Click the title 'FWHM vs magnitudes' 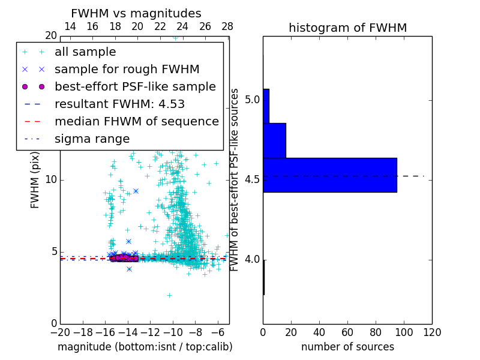pos(136,14)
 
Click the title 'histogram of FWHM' pos(347,28)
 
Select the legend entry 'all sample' pos(85,52)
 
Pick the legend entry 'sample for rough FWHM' pos(127,69)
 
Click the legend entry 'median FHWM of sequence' pos(136,121)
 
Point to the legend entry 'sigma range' pos(92,139)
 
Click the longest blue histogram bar pos(329,175)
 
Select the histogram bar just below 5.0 pos(274,140)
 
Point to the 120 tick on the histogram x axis pos(432,332)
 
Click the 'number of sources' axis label pos(347,347)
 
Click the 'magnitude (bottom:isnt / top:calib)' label pos(145,347)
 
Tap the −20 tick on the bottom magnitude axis pos(60,332)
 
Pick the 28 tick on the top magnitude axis pos(227,27)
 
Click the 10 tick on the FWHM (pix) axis pos(50,180)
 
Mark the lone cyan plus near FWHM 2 pos(169,295)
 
